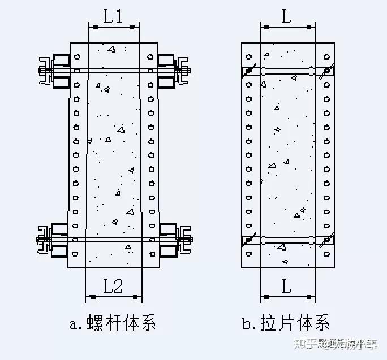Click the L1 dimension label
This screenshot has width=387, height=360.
[113, 17]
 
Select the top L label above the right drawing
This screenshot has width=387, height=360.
[287, 17]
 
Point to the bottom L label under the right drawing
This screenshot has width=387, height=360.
[287, 286]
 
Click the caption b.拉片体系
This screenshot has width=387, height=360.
[286, 324]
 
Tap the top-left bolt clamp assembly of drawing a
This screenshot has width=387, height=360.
[54, 71]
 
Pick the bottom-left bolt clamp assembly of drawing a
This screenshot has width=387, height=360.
[54, 239]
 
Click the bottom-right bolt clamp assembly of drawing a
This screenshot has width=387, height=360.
[174, 239]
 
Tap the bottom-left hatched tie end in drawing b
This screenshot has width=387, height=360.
[249, 240]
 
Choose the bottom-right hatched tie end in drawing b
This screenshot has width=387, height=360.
[326, 240]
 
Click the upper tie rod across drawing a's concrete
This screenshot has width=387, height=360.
[113, 71]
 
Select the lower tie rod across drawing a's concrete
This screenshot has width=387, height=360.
[113, 240]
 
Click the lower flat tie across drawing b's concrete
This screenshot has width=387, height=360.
[287, 240]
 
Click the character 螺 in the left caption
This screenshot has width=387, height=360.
[93, 324]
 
